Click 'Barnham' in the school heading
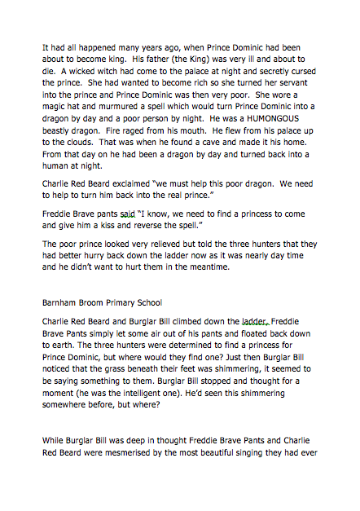click(x=62, y=301)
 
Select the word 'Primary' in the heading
click(x=124, y=301)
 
